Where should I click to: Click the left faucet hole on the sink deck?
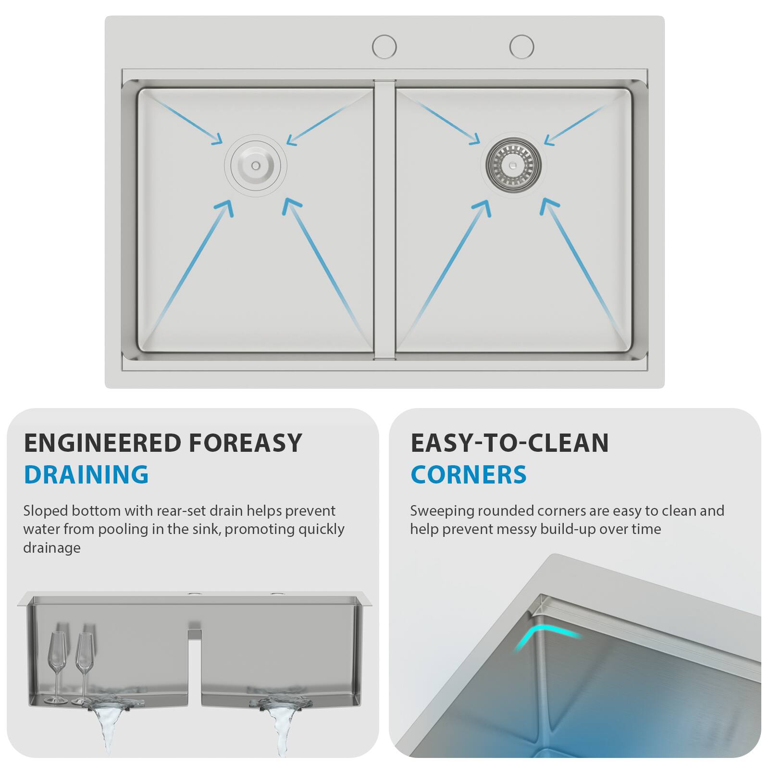pos(384,47)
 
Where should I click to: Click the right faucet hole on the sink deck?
pos(521,47)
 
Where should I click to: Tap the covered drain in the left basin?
pos(255,165)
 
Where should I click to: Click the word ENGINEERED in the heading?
pos(102,443)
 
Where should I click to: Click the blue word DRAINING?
pos(86,474)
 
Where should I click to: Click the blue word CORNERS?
pos(469,474)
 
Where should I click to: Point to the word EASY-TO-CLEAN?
pos(509,443)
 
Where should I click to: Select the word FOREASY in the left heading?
pos(245,443)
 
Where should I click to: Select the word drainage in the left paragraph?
pos(52,548)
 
